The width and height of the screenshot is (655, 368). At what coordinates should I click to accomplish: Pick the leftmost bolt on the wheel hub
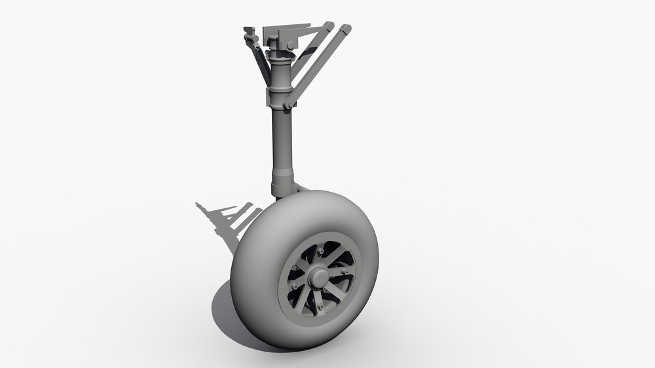295,285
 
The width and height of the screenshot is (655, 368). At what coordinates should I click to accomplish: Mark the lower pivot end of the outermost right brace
289,103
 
